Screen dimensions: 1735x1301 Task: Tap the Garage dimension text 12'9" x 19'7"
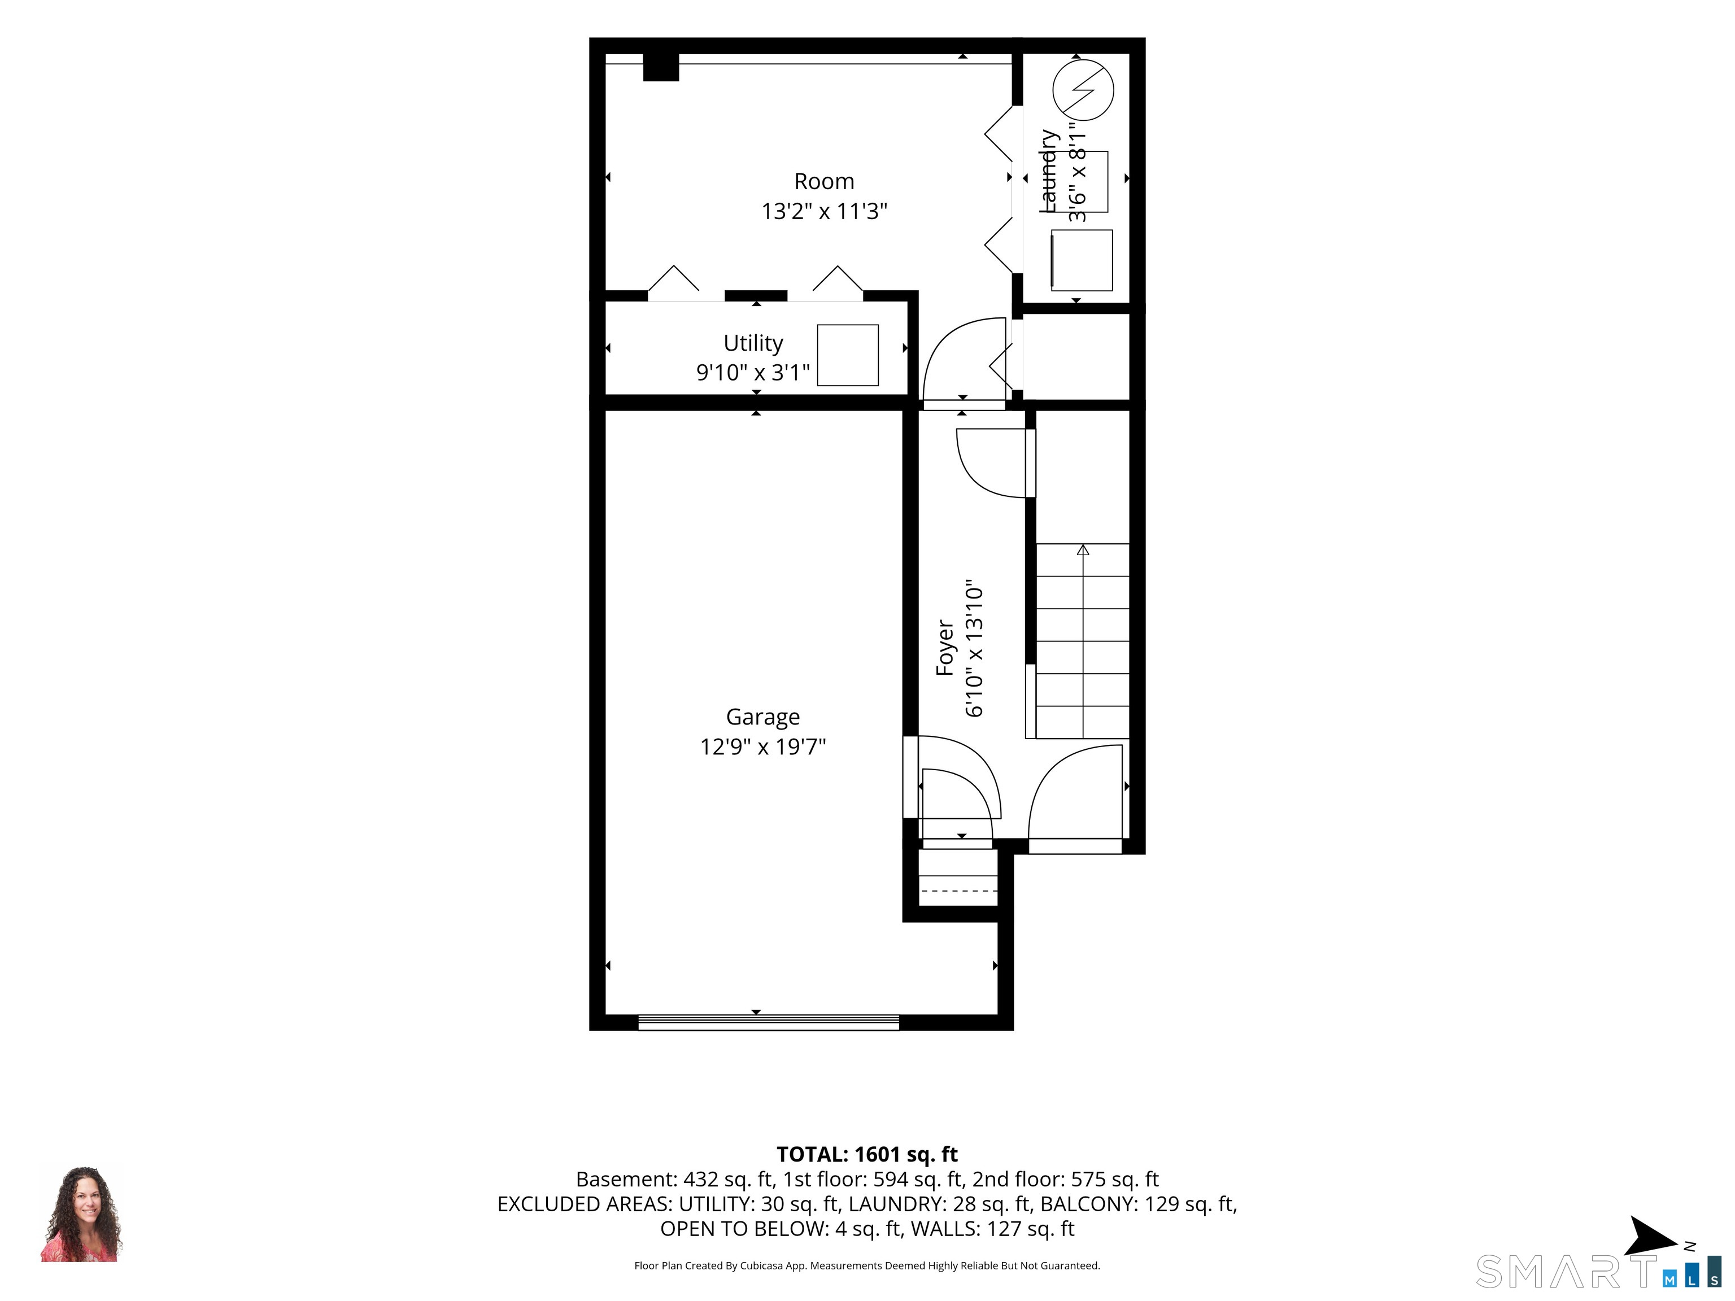tap(762, 746)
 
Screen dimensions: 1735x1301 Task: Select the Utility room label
tap(753, 343)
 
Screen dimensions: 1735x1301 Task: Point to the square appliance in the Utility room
tap(848, 355)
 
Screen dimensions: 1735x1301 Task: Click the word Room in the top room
tap(823, 181)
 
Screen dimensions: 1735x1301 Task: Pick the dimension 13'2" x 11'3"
tap(823, 211)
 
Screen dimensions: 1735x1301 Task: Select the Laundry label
tap(1049, 171)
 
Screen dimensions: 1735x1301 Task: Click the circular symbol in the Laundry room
tap(1083, 89)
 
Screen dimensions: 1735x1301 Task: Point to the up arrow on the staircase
tap(1083, 550)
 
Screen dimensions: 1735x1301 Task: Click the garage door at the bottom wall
tap(769, 1022)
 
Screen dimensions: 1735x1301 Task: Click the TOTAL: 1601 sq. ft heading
tap(867, 1154)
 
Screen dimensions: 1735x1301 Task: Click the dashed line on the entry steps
tap(958, 891)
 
